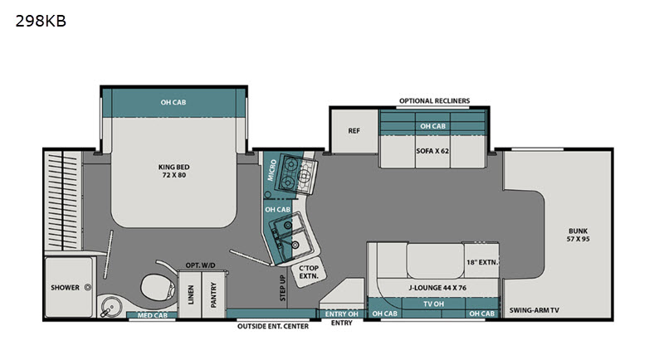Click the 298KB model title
point(41,21)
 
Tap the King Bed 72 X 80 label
point(174,171)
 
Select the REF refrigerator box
point(354,131)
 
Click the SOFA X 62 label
point(432,151)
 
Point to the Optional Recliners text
point(434,100)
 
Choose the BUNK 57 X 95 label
point(578,235)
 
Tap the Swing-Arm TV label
point(534,310)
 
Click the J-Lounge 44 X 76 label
point(437,288)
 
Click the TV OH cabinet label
point(433,304)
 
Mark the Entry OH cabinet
point(342,314)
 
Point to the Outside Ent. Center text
point(273,326)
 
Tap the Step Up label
point(283,288)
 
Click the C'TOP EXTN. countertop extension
point(309,272)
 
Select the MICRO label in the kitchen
point(272,170)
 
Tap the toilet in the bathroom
point(158,287)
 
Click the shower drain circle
point(88,287)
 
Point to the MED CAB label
point(152,315)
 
